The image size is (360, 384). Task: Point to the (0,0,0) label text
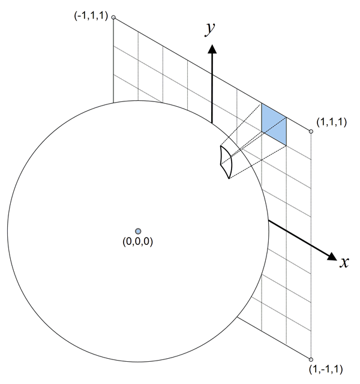[x=138, y=242]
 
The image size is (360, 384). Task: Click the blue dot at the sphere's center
[x=138, y=231]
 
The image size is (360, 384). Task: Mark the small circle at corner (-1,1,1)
[x=113, y=17]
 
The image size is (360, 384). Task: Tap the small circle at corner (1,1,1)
[x=311, y=131]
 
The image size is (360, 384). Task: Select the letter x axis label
[x=344, y=262]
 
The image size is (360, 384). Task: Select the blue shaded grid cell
[x=274, y=125]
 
